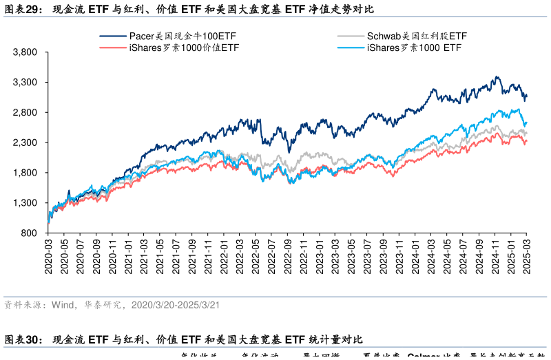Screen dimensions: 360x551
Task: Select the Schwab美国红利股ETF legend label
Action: [417, 36]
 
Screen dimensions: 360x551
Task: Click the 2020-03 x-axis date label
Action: [48, 257]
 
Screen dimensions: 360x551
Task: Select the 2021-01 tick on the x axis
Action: [128, 257]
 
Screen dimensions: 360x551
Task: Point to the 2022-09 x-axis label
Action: [287, 257]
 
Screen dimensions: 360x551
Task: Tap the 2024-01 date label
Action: [415, 257]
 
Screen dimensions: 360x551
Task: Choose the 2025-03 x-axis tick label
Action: [527, 257]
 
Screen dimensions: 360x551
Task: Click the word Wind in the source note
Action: [62, 304]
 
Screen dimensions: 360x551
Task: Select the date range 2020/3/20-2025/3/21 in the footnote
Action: [175, 304]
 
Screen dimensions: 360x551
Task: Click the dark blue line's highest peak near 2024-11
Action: [496, 76]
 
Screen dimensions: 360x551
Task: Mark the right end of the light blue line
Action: [527, 123]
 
